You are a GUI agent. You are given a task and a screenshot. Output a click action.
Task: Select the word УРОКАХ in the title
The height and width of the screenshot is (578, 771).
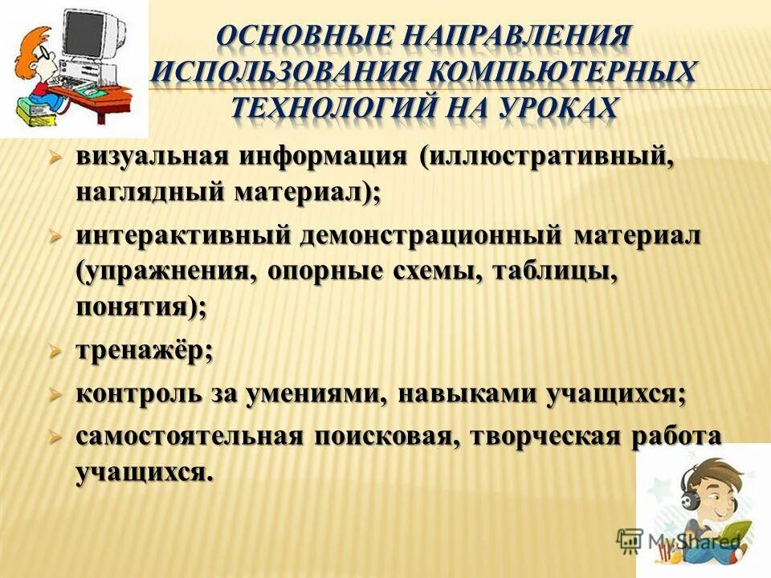coord(550,107)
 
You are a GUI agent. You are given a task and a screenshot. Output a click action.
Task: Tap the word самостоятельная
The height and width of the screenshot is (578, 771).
coord(190,436)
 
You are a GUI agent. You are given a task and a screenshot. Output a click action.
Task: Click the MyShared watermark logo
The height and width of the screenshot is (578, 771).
coord(679,540)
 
